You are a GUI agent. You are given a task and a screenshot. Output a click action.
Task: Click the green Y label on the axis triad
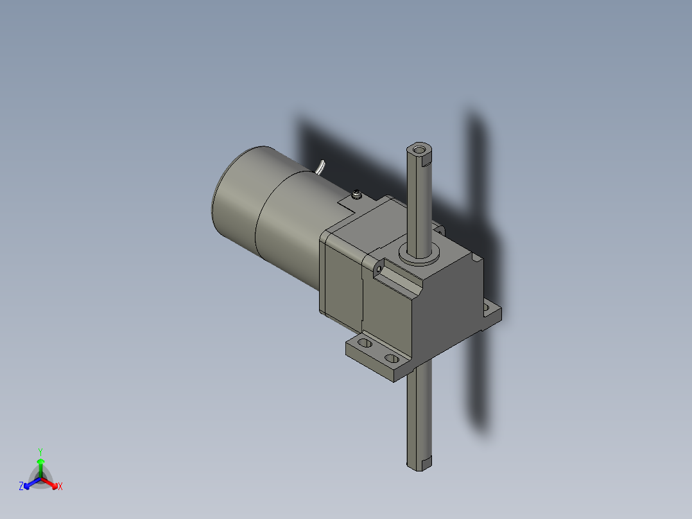coord(40,452)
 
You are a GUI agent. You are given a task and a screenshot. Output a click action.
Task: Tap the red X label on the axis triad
coord(60,487)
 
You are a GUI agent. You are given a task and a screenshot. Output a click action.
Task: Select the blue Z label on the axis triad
coord(21,487)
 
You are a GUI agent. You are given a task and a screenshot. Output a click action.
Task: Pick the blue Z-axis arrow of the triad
coord(30,483)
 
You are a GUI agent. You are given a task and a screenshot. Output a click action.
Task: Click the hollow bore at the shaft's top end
coord(420,150)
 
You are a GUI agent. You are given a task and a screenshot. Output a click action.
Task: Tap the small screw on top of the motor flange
coord(356,193)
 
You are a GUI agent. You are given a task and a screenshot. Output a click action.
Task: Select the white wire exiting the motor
coord(320,168)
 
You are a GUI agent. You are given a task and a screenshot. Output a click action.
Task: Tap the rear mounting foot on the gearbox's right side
coord(490,313)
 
